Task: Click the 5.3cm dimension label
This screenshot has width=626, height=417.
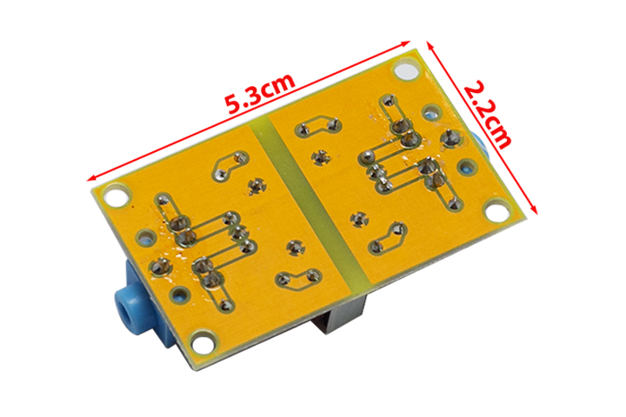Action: tap(260, 91)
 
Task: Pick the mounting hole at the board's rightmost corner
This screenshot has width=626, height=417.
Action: tap(496, 210)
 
